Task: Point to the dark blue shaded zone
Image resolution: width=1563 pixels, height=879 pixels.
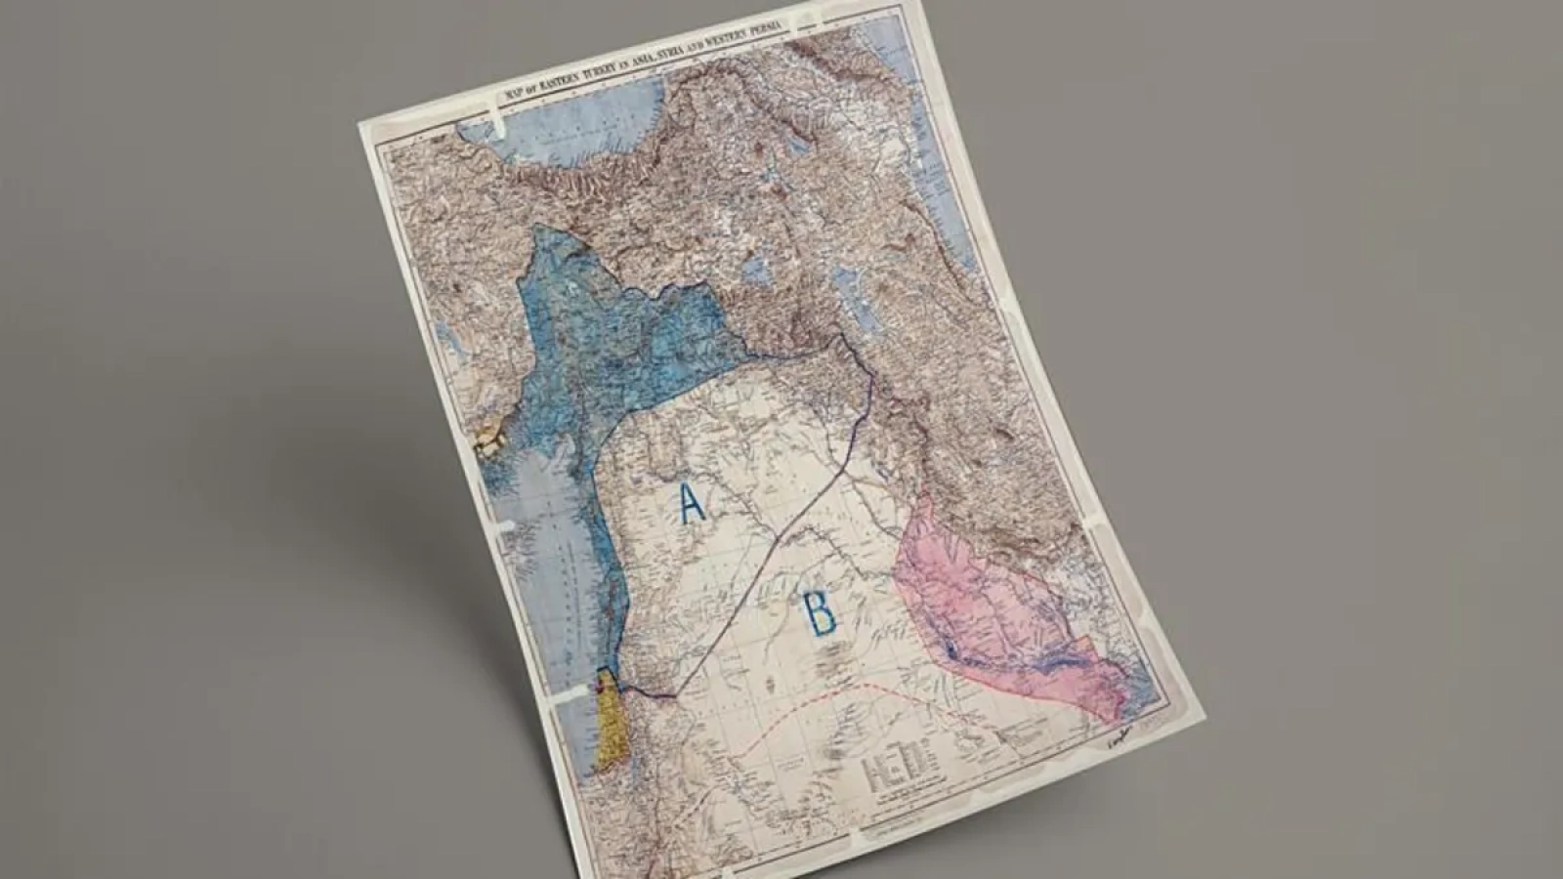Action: (x=625, y=332)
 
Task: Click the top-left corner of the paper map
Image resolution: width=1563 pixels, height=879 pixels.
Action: (x=359, y=124)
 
